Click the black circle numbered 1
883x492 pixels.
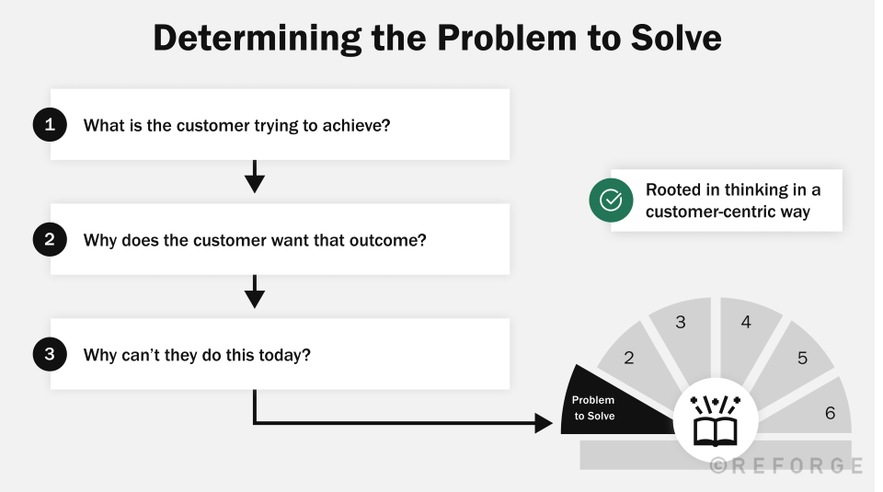point(50,125)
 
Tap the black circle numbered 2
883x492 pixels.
point(50,240)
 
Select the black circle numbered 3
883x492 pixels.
point(50,354)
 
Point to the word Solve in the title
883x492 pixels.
point(673,38)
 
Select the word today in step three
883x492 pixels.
point(288,354)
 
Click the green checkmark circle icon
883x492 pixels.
point(611,200)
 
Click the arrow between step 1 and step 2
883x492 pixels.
point(255,177)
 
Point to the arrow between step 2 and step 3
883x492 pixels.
point(255,292)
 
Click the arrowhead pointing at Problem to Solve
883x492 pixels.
point(543,423)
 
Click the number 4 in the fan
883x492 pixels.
point(746,323)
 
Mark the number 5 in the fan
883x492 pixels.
point(802,358)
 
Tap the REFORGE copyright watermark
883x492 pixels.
point(786,466)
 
